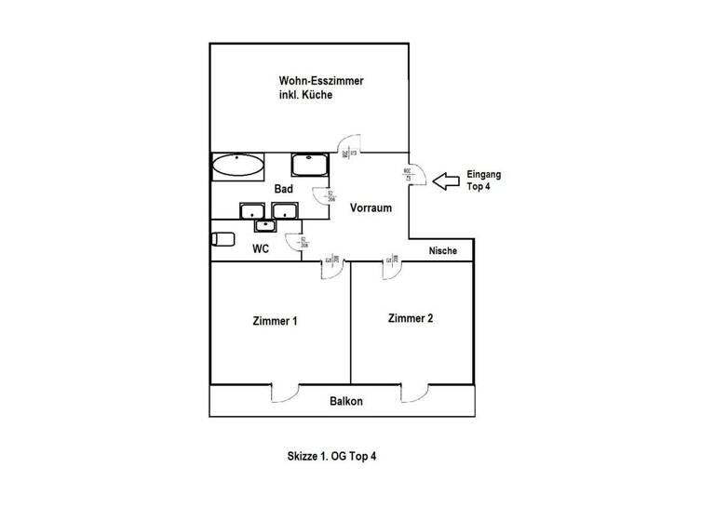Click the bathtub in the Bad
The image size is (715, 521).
click(237, 167)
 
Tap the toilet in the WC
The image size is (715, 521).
click(221, 240)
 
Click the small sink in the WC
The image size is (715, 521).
click(265, 224)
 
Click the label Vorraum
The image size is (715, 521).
click(370, 208)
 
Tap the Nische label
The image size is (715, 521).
click(442, 250)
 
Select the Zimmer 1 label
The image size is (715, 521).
click(275, 322)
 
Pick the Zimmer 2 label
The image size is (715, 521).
click(411, 318)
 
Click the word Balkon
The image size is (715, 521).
click(346, 402)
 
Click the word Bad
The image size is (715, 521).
click(284, 189)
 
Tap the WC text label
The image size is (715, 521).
click(262, 248)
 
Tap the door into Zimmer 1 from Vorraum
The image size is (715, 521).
click(333, 268)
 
